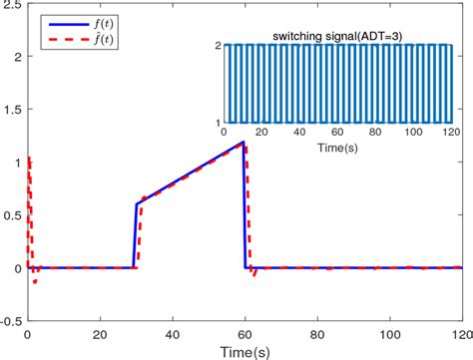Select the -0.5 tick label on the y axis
tap(11, 321)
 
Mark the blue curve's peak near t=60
tap(242, 142)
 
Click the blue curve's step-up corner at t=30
tap(137, 204)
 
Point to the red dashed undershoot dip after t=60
tap(253, 274)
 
